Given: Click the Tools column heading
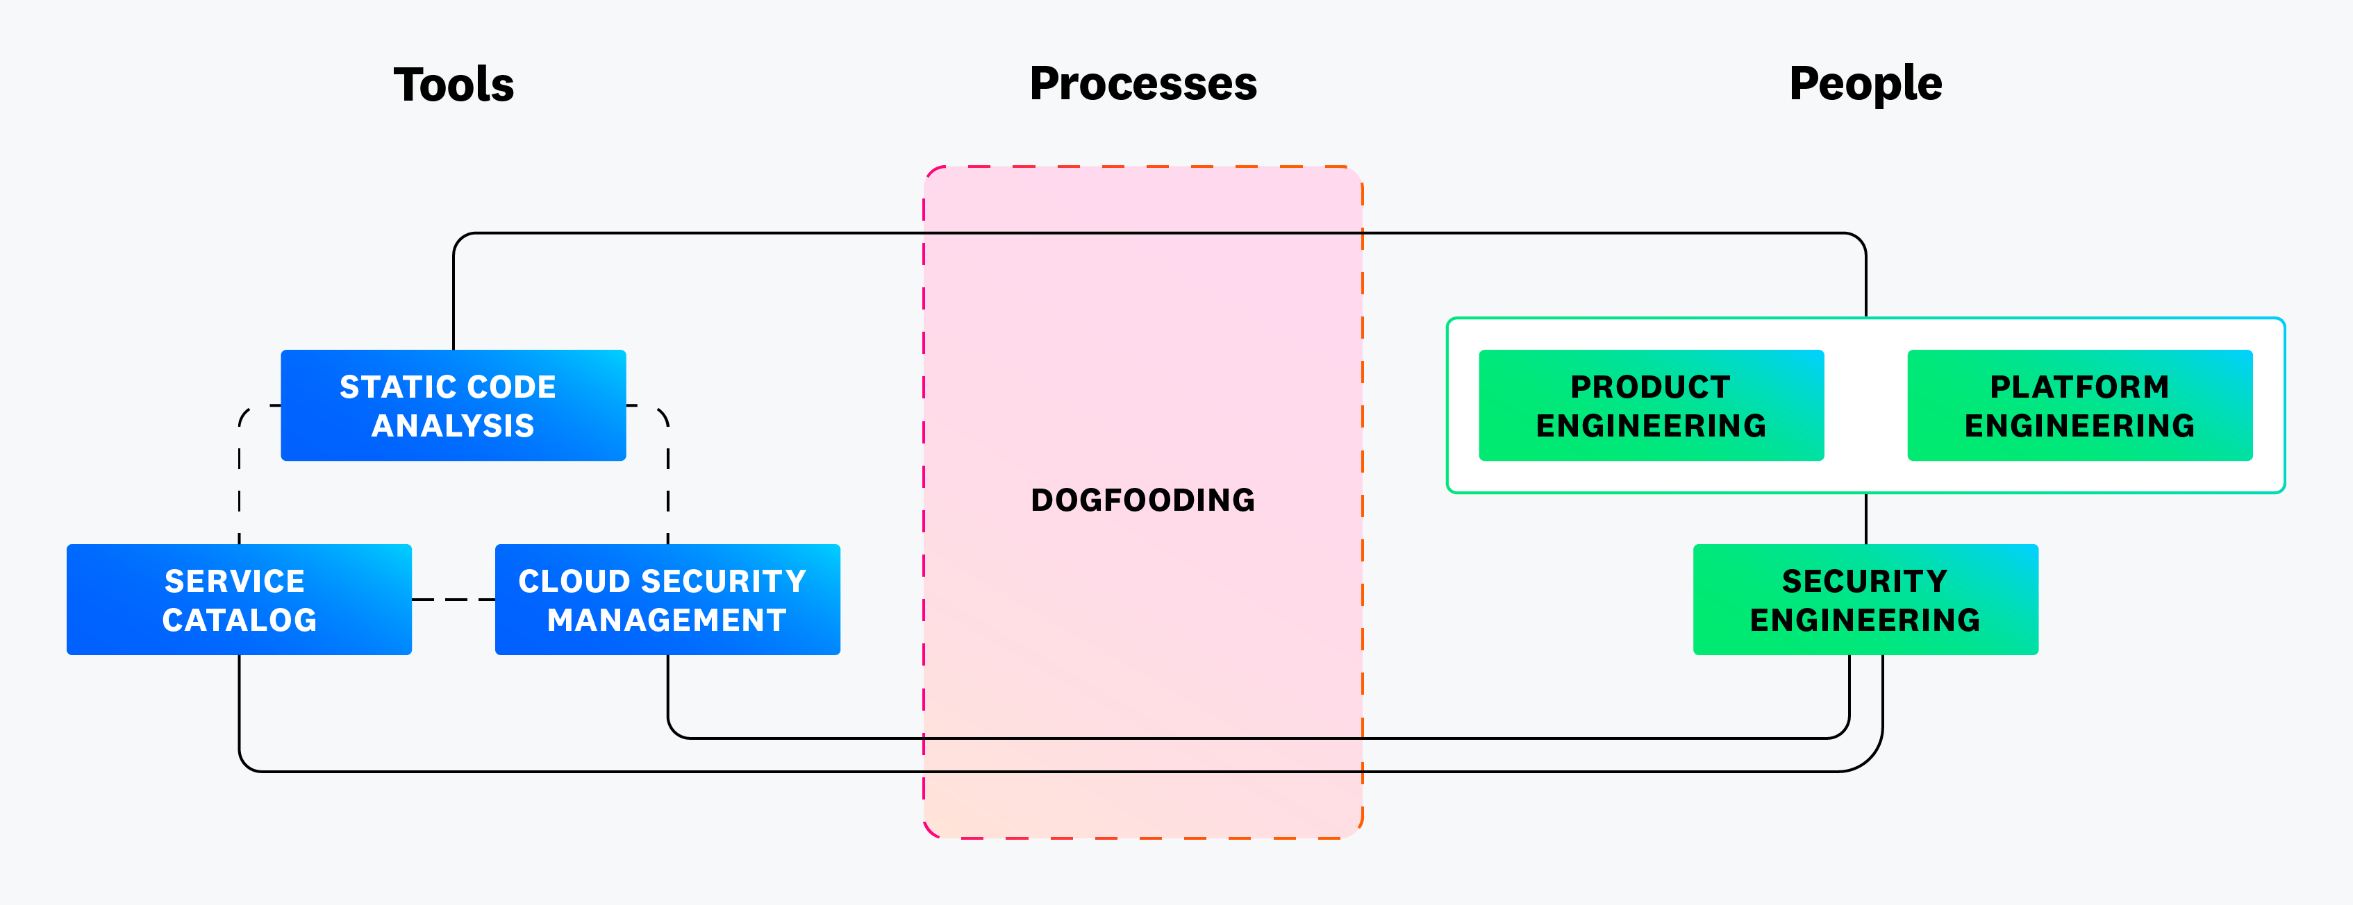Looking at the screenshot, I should point(454,84).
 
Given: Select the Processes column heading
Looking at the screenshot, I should point(1142,84).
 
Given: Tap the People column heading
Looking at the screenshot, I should point(1865,84).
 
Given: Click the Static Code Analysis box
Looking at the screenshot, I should point(453,405).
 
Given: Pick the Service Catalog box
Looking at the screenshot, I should point(240,600).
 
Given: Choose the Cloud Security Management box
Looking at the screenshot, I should point(667,600).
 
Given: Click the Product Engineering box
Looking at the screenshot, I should point(1651,405).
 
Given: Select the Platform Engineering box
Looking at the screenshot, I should point(2079,405).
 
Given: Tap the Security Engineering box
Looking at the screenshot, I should point(1865,600).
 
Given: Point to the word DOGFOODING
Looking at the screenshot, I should point(1142,500).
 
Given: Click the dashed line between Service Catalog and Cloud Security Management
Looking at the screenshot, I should point(453,600).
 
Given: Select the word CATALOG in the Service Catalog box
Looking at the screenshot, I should point(240,620).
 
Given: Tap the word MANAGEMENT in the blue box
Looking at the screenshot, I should point(667,620).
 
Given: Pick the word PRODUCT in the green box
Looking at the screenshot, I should point(1651,387).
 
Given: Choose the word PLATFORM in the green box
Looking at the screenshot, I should point(2079,387).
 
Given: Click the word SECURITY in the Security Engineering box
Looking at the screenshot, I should point(1865,581).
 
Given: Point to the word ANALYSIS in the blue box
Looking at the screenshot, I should point(453,425).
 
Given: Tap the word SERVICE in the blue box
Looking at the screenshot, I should point(235,581).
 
